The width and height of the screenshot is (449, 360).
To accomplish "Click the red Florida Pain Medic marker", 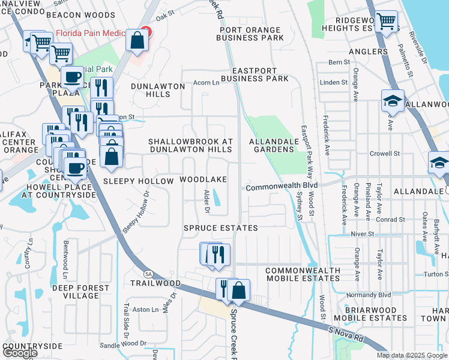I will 146,32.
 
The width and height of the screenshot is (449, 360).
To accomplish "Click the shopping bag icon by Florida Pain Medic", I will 137,41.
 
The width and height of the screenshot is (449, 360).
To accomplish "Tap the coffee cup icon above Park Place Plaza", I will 73,77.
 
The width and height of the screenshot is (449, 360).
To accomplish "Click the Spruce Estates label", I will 220,228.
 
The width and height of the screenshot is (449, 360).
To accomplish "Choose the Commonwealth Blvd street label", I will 281,186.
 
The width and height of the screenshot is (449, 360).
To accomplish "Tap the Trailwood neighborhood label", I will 156,283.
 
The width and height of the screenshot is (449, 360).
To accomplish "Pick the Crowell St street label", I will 385,154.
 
